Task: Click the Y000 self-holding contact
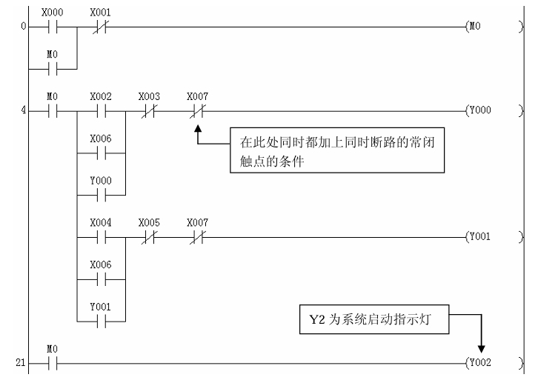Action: (x=100, y=196)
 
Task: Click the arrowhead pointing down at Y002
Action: (x=482, y=347)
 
